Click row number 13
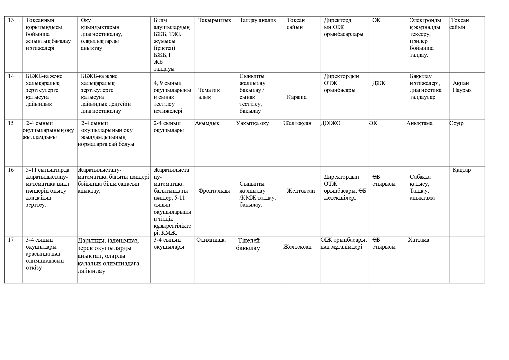(11, 20)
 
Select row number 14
(11, 76)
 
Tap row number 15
(11, 123)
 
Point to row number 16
(11, 170)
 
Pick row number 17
(11, 240)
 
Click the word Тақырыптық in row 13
(215, 20)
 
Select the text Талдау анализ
(258, 20)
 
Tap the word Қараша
(296, 97)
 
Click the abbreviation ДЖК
(379, 83)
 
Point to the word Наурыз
(462, 90)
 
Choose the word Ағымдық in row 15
(207, 123)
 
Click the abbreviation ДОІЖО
(330, 123)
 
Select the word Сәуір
(457, 123)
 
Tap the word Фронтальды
(214, 191)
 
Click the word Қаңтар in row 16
(462, 170)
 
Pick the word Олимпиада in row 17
(211, 240)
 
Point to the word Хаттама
(419, 240)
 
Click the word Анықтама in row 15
(419, 123)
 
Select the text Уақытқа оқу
(253, 123)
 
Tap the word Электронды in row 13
(425, 20)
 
